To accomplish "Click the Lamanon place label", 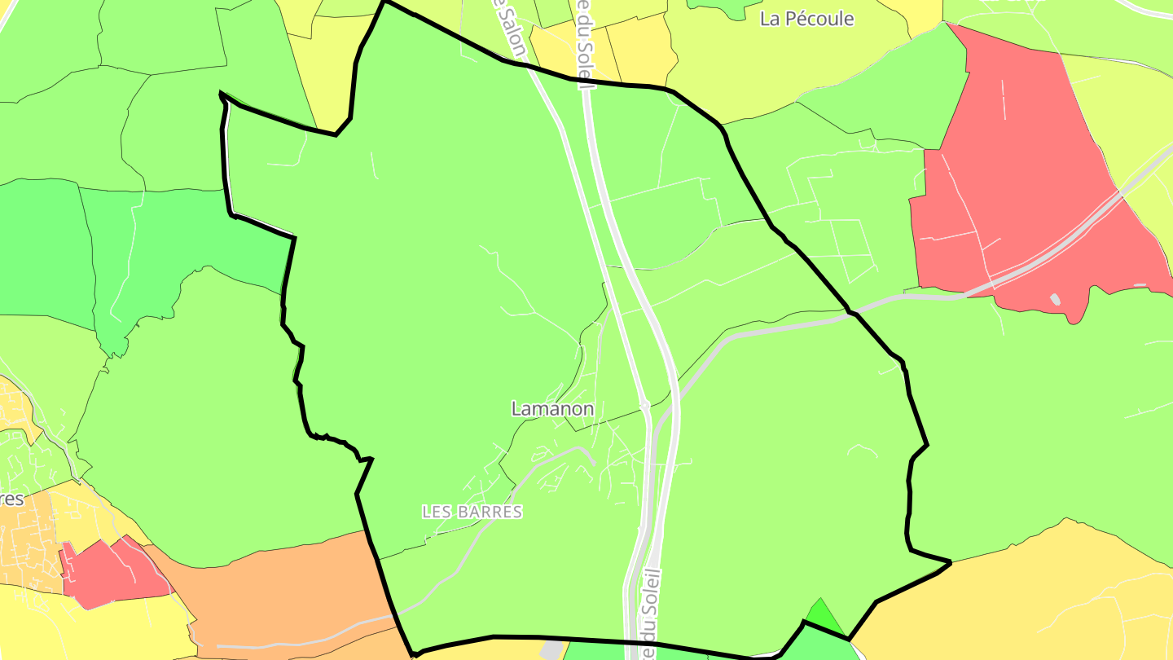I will [x=552, y=409].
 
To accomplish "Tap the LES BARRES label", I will [x=472, y=512].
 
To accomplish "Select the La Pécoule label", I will [x=806, y=19].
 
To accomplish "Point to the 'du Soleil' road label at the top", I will [x=584, y=41].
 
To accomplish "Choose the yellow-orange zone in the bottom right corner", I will [x=1059, y=595].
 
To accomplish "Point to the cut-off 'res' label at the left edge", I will [x=11, y=498].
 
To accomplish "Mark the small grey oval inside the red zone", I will [x=1055, y=299].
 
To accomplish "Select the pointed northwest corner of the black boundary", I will [x=222, y=95].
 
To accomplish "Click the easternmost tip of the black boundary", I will [x=950, y=561].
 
